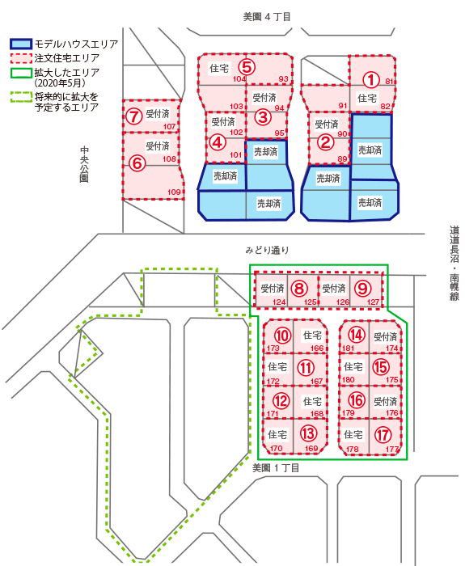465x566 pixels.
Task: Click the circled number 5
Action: pos(247,67)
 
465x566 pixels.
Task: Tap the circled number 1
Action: pos(370,80)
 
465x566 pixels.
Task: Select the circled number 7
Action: pos(134,116)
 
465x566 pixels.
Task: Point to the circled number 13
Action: pos(308,433)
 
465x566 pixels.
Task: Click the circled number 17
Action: pos(383,435)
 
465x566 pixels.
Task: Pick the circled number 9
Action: pos(363,289)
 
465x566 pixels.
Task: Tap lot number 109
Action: pos(174,192)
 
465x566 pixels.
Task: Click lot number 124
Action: pos(279,302)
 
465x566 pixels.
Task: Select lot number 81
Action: pos(389,81)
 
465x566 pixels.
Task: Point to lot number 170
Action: pos(277,449)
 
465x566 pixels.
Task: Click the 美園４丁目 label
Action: pos(267,17)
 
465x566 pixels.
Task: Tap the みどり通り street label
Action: pos(267,250)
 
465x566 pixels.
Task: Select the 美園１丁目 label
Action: pos(276,468)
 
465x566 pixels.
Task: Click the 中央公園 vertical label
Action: pos(84,164)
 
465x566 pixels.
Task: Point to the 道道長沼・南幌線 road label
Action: pos(454,263)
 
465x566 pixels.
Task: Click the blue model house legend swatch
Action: pos(21,44)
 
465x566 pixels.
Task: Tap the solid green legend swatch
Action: pos(21,73)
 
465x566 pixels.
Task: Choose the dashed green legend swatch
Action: pos(21,97)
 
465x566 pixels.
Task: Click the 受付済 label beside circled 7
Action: pos(158,114)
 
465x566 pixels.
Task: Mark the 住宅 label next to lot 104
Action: pos(219,68)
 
